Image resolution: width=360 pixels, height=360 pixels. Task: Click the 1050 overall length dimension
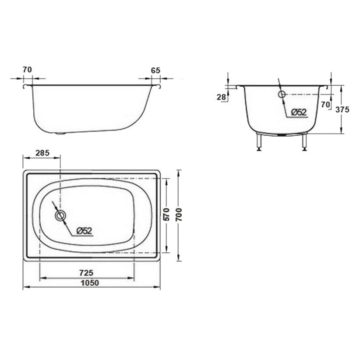tap(90, 282)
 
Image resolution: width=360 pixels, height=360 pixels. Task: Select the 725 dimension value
tap(86, 273)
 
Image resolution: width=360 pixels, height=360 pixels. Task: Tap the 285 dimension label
tap(42, 153)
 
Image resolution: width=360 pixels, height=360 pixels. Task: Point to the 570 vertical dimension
tap(167, 214)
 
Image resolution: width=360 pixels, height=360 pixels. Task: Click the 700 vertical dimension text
tap(179, 215)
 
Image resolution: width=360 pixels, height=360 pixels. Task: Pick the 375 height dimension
tap(342, 109)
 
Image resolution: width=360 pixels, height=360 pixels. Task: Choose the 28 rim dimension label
tap(221, 97)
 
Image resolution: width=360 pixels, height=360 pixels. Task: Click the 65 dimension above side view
tap(155, 70)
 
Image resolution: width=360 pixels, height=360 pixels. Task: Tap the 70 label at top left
tap(27, 70)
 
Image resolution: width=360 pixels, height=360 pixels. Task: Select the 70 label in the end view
tap(325, 105)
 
